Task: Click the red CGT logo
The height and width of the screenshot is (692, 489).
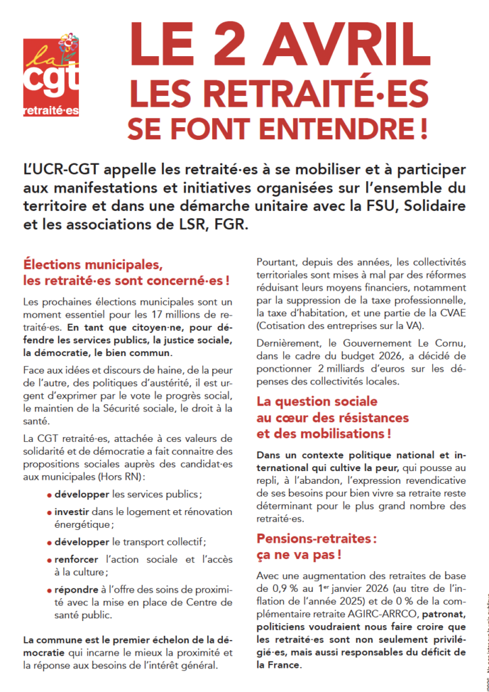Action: tap(51, 77)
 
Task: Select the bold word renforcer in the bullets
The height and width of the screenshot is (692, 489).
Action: tap(77, 560)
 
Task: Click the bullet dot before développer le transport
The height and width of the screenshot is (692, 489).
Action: tap(49, 543)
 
